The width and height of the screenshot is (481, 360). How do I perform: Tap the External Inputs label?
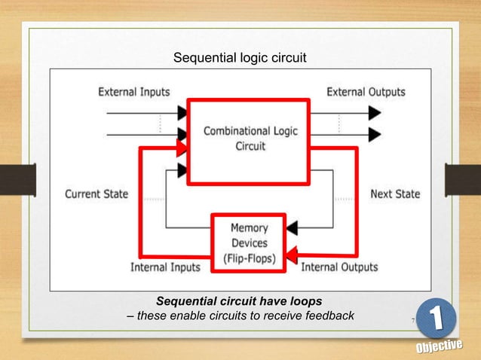click(134, 92)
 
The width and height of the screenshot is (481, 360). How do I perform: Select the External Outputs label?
click(366, 92)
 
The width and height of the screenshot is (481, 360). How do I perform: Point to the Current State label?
click(97, 194)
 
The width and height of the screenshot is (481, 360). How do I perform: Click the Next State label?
click(395, 194)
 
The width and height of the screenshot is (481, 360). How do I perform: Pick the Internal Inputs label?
click(165, 267)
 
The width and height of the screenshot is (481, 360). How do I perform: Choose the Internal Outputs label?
click(339, 267)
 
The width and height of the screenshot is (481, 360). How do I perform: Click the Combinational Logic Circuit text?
click(250, 139)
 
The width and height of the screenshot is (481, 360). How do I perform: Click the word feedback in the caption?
click(325, 315)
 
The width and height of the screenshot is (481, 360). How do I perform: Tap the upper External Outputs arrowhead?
click(375, 113)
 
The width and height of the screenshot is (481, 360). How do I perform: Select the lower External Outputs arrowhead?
click(375, 134)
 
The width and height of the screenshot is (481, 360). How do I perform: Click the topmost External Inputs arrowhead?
click(183, 113)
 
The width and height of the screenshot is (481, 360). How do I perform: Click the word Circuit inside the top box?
click(250, 146)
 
